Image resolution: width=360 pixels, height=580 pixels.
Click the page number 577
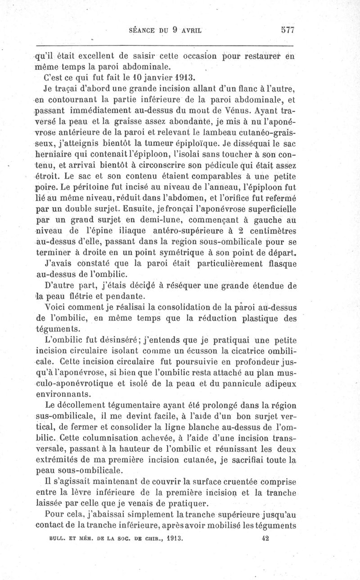coord(287,30)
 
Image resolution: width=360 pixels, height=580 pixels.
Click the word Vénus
coord(234,110)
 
